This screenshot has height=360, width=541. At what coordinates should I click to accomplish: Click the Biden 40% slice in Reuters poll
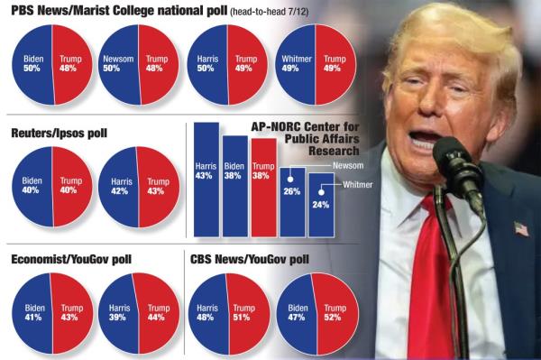(32, 186)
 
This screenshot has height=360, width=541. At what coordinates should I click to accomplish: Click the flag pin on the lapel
(521, 228)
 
